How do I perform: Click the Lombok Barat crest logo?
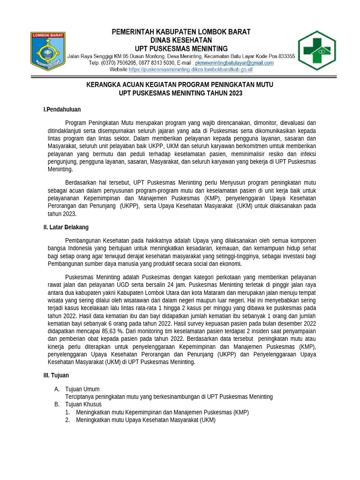click(x=48, y=49)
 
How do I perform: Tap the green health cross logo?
click(x=317, y=50)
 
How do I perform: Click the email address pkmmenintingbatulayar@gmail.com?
click(x=234, y=63)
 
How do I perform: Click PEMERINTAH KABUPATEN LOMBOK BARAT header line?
click(x=180, y=32)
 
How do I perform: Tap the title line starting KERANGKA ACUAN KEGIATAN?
click(x=180, y=85)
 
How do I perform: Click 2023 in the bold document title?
click(x=235, y=93)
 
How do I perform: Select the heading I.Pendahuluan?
click(x=62, y=110)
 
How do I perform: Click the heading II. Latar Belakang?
click(x=66, y=227)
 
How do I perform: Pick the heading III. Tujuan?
click(x=56, y=375)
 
